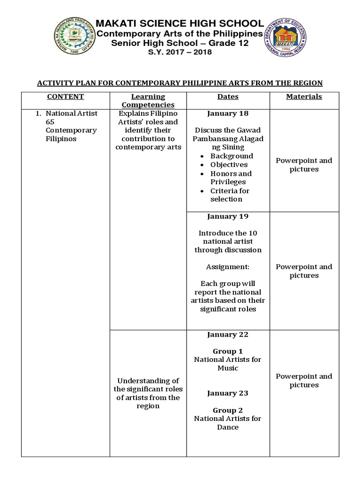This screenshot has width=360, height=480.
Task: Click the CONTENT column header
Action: point(66,97)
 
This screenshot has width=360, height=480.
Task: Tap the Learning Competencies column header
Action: point(148,101)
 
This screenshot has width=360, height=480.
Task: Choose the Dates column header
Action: point(228,97)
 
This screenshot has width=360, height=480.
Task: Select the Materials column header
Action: point(304,97)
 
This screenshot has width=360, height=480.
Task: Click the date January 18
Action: point(228,113)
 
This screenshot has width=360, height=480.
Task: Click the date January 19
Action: point(228,216)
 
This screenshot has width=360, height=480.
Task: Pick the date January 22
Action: point(228,334)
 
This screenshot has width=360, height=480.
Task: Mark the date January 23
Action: point(228,393)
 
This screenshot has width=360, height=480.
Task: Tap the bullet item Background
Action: point(232,156)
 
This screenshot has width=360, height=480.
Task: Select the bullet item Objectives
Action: point(229,165)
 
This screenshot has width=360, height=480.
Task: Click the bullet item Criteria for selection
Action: point(230,195)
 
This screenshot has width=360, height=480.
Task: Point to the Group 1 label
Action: point(228,351)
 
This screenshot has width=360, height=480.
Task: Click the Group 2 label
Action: point(228,410)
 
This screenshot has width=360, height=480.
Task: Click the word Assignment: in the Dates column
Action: point(228,267)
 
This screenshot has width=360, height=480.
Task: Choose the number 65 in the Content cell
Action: point(51,122)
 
